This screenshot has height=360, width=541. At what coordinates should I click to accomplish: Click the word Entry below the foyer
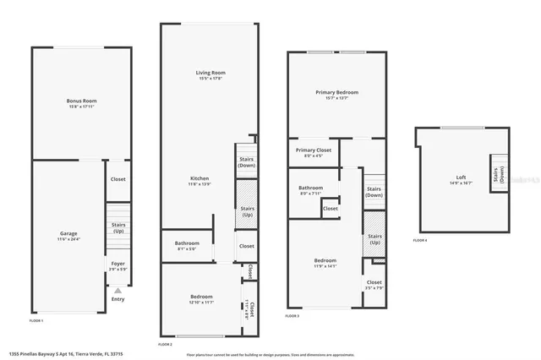click(117, 297)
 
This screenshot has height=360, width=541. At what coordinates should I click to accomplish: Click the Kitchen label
click(199, 180)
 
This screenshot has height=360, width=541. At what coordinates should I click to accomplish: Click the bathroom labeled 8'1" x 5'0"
click(186, 246)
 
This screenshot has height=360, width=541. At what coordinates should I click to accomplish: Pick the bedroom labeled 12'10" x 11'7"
click(201, 299)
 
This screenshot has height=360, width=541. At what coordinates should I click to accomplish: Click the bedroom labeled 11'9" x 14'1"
click(325, 262)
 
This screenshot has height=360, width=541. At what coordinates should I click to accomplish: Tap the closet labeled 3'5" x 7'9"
click(374, 285)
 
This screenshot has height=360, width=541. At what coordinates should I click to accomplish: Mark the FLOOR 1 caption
click(36, 321)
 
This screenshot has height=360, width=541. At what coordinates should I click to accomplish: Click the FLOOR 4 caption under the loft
click(420, 241)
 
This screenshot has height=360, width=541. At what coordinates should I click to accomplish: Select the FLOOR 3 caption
click(292, 315)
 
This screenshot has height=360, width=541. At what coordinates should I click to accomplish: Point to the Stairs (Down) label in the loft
click(500, 175)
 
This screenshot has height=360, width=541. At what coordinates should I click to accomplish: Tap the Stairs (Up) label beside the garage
click(118, 227)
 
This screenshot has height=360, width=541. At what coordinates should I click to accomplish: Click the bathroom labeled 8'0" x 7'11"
click(310, 190)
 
